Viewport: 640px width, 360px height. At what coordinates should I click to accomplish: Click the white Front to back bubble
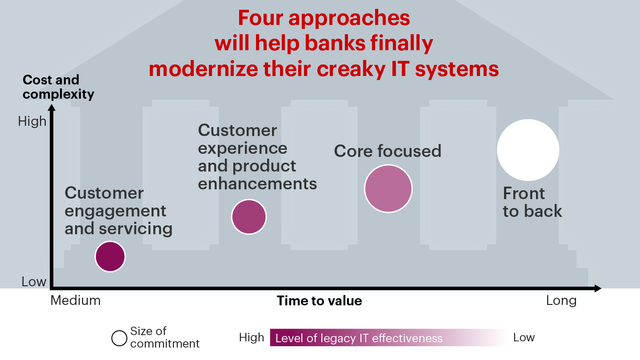(x=528, y=150)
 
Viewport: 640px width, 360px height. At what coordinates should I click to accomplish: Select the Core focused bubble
(x=388, y=188)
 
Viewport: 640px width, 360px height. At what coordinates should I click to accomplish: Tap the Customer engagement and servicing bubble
(x=110, y=256)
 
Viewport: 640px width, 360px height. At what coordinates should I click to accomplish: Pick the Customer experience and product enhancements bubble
(x=249, y=217)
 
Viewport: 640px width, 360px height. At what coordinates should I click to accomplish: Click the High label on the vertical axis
(x=32, y=121)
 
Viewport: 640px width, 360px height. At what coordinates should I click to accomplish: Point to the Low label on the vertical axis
(x=34, y=282)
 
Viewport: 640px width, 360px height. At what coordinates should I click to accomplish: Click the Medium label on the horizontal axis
(x=76, y=300)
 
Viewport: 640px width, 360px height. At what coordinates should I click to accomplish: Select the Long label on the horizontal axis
(x=561, y=300)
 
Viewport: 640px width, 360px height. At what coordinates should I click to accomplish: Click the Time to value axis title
(x=319, y=301)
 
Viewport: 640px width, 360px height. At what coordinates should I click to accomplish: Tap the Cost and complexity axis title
(x=58, y=87)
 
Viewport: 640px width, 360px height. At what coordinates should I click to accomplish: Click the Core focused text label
(x=388, y=151)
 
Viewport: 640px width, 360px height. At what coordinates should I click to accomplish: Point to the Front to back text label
(x=532, y=202)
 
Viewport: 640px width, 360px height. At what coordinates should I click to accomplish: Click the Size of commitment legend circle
(x=119, y=338)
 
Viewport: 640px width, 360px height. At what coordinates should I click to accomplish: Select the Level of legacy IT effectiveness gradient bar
(x=389, y=338)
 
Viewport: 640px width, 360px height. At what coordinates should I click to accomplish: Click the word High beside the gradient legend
(x=252, y=338)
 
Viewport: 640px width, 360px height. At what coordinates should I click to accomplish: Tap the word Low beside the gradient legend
(x=524, y=337)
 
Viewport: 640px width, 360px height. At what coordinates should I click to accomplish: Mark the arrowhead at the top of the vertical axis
(x=52, y=107)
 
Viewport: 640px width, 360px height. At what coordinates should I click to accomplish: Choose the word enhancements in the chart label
(x=257, y=184)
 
